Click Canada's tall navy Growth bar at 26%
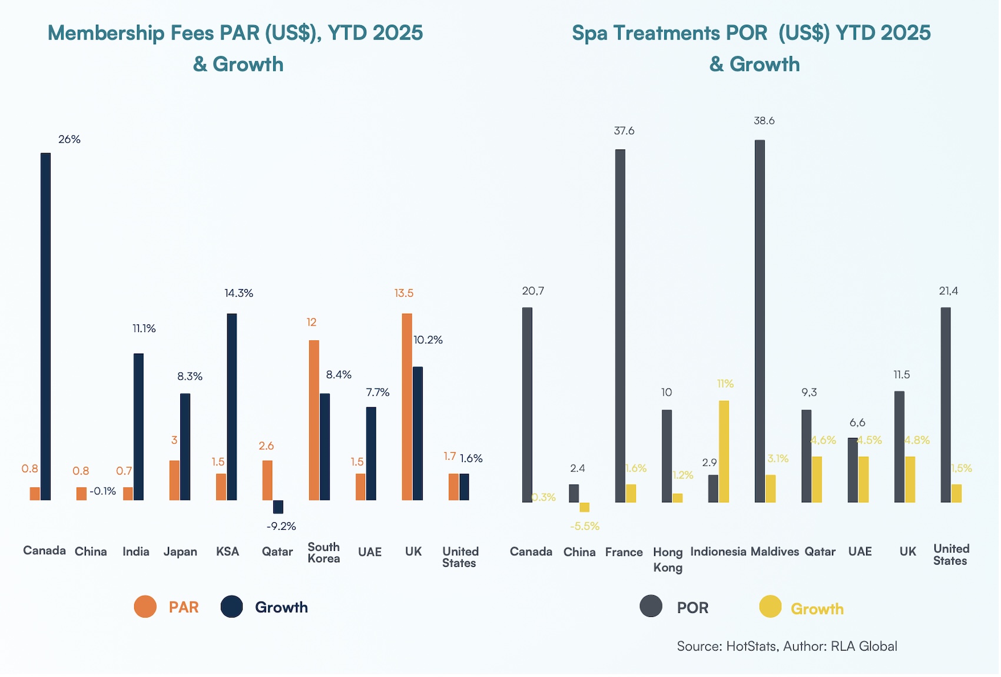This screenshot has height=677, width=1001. pos(45,327)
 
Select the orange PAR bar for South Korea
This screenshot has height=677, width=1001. pos(314,420)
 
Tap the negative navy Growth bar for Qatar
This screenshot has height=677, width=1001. pos(278,507)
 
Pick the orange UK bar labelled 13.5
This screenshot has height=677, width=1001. pos(407,407)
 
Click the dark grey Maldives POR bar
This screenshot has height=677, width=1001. pos(760,321)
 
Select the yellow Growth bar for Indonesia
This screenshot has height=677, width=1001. pos(724,452)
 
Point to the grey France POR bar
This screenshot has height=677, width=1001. pos(620,326)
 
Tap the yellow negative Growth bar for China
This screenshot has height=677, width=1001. pos(584,507)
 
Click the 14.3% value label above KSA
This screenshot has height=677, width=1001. pos(238,293)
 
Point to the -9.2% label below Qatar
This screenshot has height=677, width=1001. pos(281,526)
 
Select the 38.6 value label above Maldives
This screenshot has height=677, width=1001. pos(764,121)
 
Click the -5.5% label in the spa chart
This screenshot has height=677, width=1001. pos(584,526)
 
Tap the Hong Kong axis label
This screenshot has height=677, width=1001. pos(668,559)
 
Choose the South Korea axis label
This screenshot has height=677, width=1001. pos(323,553)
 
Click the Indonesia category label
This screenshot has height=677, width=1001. pos(718,552)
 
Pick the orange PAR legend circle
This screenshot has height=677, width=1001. pos(145,606)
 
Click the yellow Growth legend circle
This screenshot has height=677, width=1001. pos(770,607)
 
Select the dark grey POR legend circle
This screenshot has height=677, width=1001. pos(651,606)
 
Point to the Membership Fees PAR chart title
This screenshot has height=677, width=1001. pos(236,48)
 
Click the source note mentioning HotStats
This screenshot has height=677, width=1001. pos(787,646)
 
